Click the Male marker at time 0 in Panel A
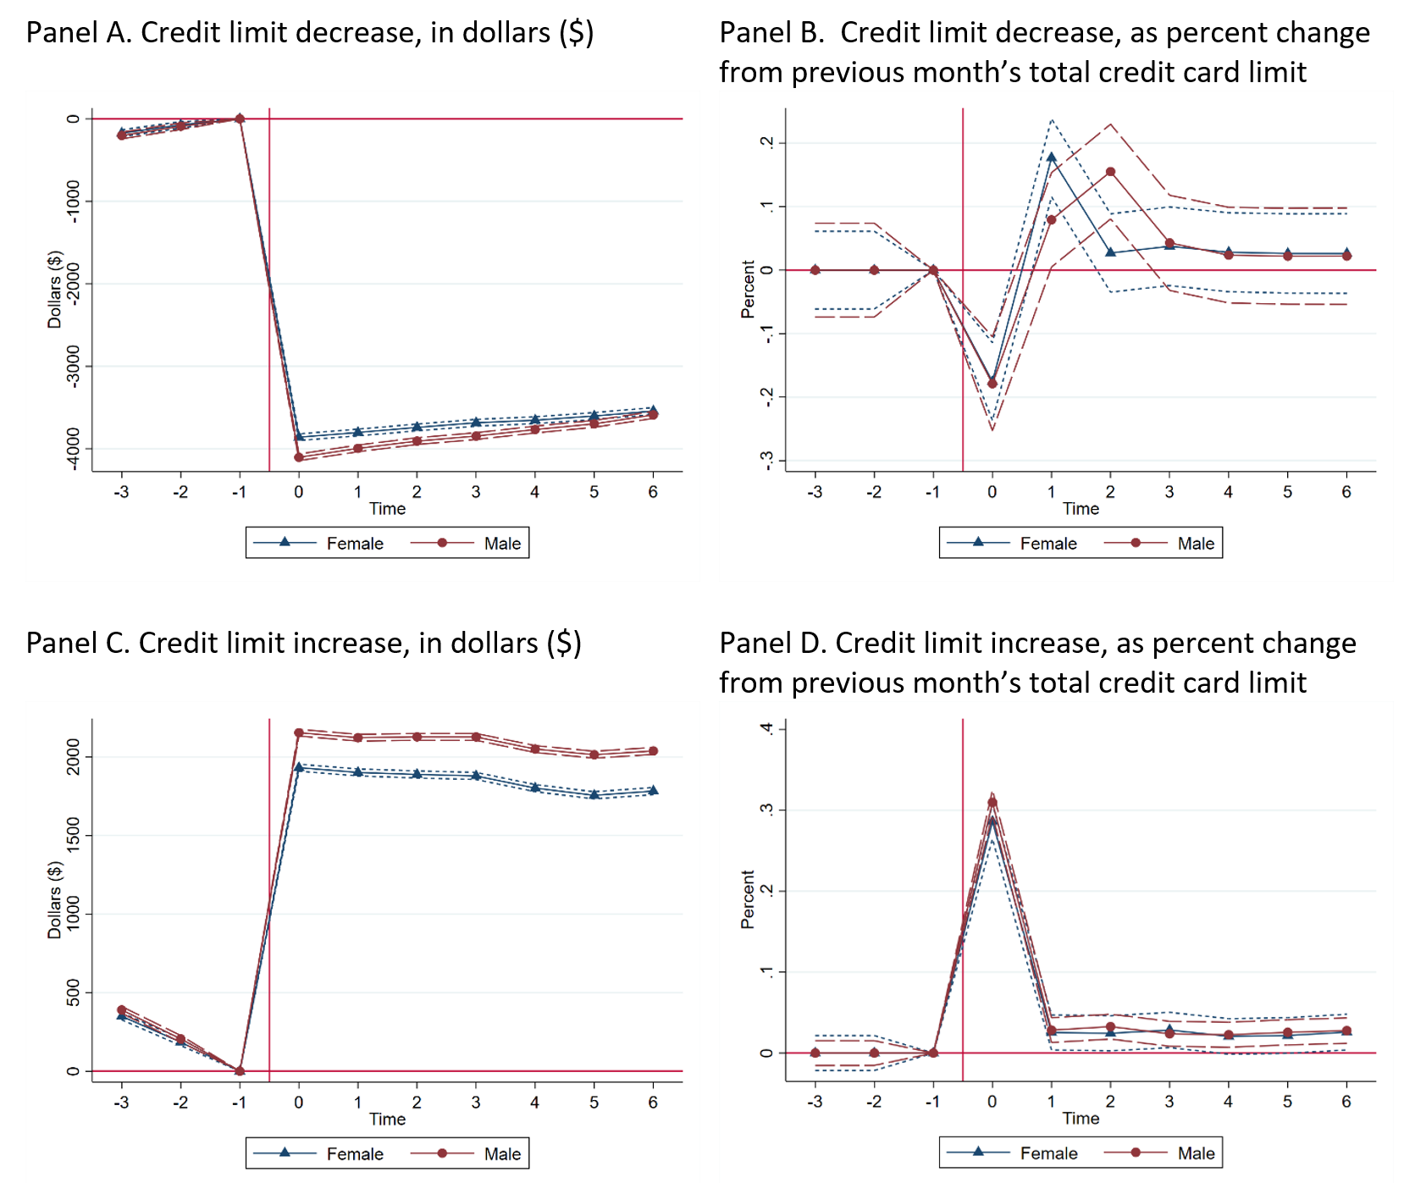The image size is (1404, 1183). (x=298, y=457)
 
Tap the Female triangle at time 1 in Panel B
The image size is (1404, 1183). (x=1051, y=158)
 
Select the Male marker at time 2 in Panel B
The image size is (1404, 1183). (x=1110, y=172)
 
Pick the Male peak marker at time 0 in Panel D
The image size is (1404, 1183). (x=992, y=803)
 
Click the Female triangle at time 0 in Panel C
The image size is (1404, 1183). (x=298, y=767)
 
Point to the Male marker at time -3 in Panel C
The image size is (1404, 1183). (x=121, y=1009)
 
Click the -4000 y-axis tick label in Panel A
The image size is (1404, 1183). (x=74, y=448)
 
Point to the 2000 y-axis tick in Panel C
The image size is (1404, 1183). (x=74, y=756)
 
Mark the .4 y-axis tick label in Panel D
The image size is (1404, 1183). (x=767, y=728)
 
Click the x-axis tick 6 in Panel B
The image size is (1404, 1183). (x=1346, y=492)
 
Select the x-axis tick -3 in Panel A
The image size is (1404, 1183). (x=121, y=492)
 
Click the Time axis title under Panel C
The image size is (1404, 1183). (x=387, y=1119)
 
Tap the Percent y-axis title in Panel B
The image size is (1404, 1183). (x=748, y=290)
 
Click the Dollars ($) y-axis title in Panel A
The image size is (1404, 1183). (x=54, y=290)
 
